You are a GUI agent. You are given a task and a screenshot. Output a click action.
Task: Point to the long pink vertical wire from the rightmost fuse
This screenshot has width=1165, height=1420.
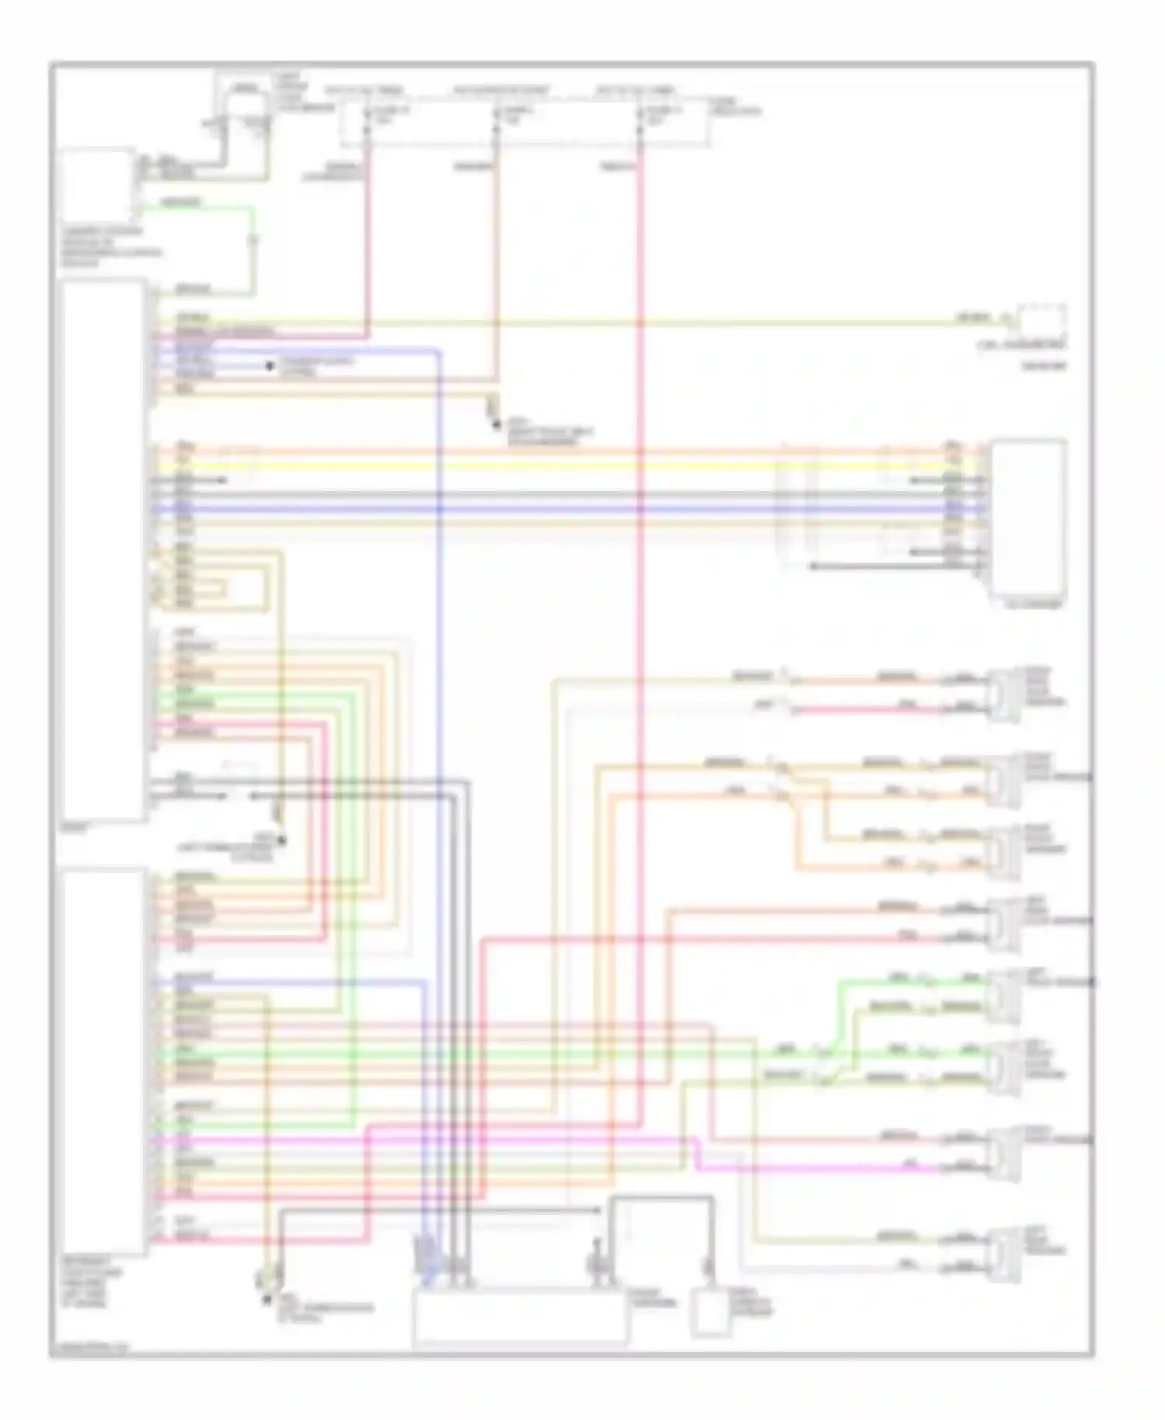click(641, 621)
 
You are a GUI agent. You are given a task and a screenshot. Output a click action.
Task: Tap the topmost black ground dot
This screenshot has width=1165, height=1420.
click(270, 366)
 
